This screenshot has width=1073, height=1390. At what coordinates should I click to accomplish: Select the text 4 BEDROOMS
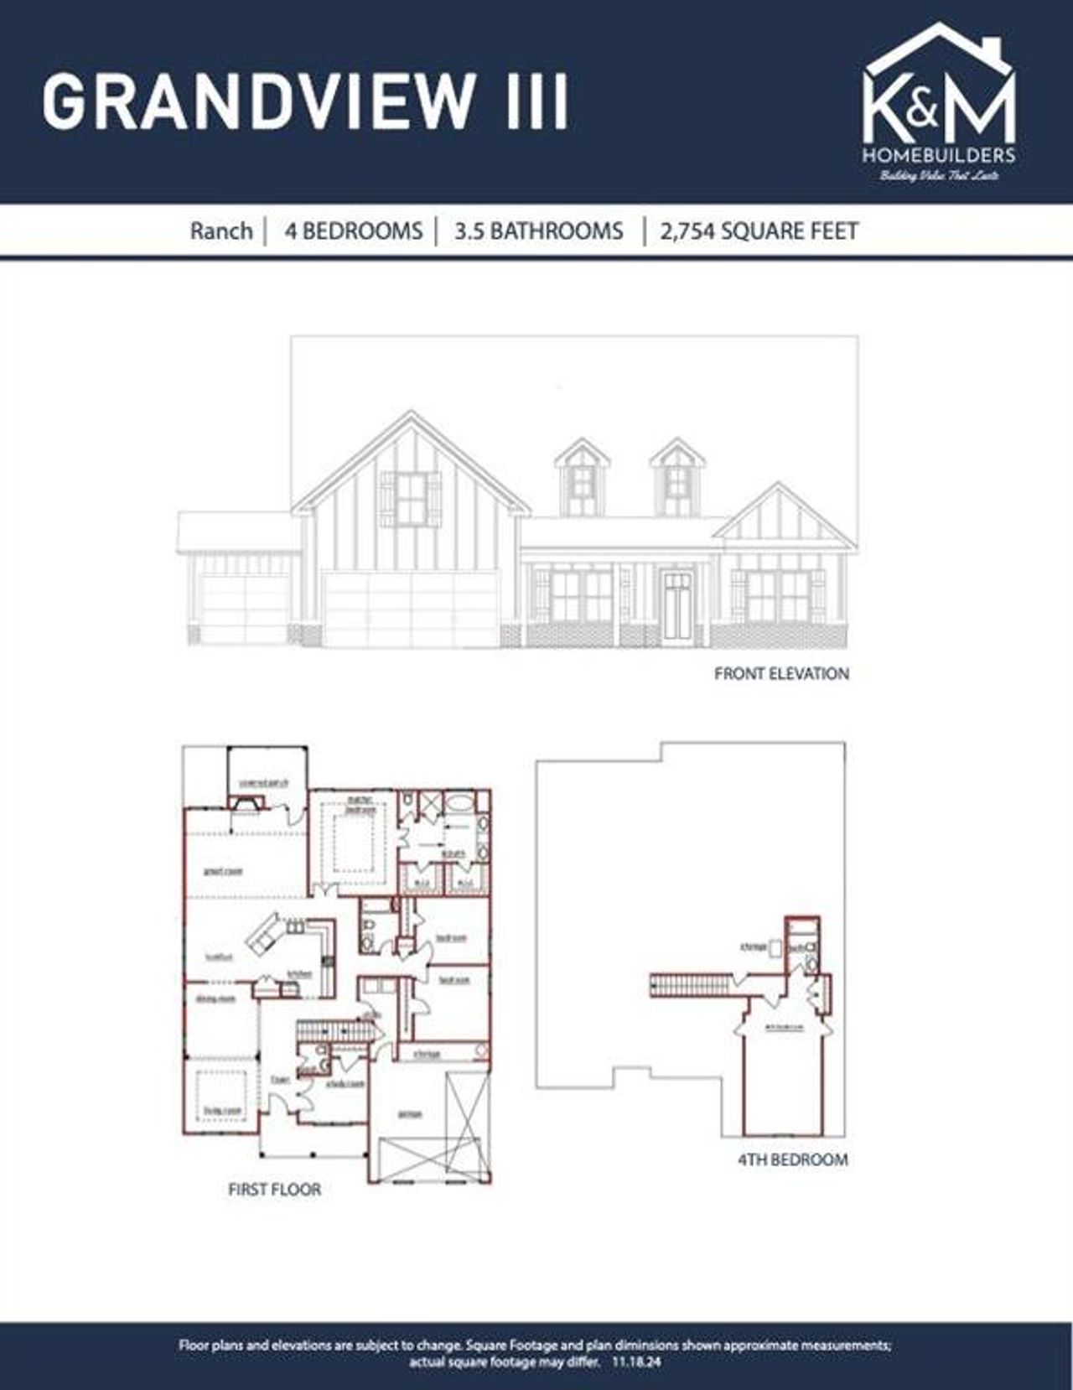(x=353, y=231)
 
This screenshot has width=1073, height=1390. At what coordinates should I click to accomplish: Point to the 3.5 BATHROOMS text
(x=539, y=231)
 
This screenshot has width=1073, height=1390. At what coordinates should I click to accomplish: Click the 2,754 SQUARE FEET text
(x=759, y=231)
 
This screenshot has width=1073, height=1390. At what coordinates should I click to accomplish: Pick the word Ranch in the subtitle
(x=220, y=231)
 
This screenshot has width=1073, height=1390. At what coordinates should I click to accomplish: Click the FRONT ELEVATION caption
(x=781, y=673)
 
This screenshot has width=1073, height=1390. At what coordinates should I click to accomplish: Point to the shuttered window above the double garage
(x=410, y=498)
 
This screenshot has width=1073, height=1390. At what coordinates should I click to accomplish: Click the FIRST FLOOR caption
(x=274, y=1189)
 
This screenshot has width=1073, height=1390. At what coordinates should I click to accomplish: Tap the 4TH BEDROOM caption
(x=792, y=1159)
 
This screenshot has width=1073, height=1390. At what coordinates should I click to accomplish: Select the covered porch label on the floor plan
(x=263, y=783)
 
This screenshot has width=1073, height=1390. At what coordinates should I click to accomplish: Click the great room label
(x=223, y=872)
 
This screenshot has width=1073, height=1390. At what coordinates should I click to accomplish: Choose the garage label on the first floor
(x=409, y=1114)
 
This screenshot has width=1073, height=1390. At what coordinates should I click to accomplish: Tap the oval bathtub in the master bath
(x=458, y=803)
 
